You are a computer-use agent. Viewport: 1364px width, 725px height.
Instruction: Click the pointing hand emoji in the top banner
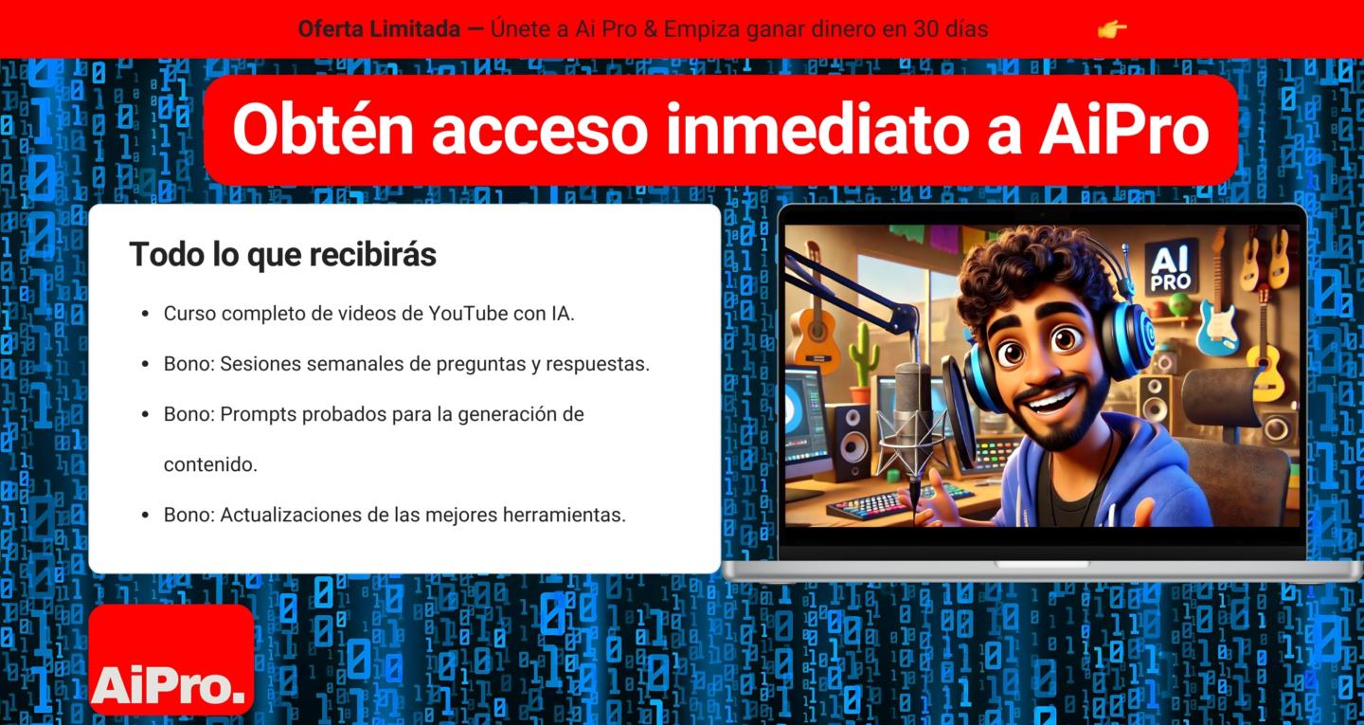pos(1112,29)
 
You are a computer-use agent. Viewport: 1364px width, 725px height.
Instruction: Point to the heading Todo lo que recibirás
pos(282,254)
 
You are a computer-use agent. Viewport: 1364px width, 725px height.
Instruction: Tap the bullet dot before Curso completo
pos(145,314)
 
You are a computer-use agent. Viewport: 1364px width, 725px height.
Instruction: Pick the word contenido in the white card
pos(210,464)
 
